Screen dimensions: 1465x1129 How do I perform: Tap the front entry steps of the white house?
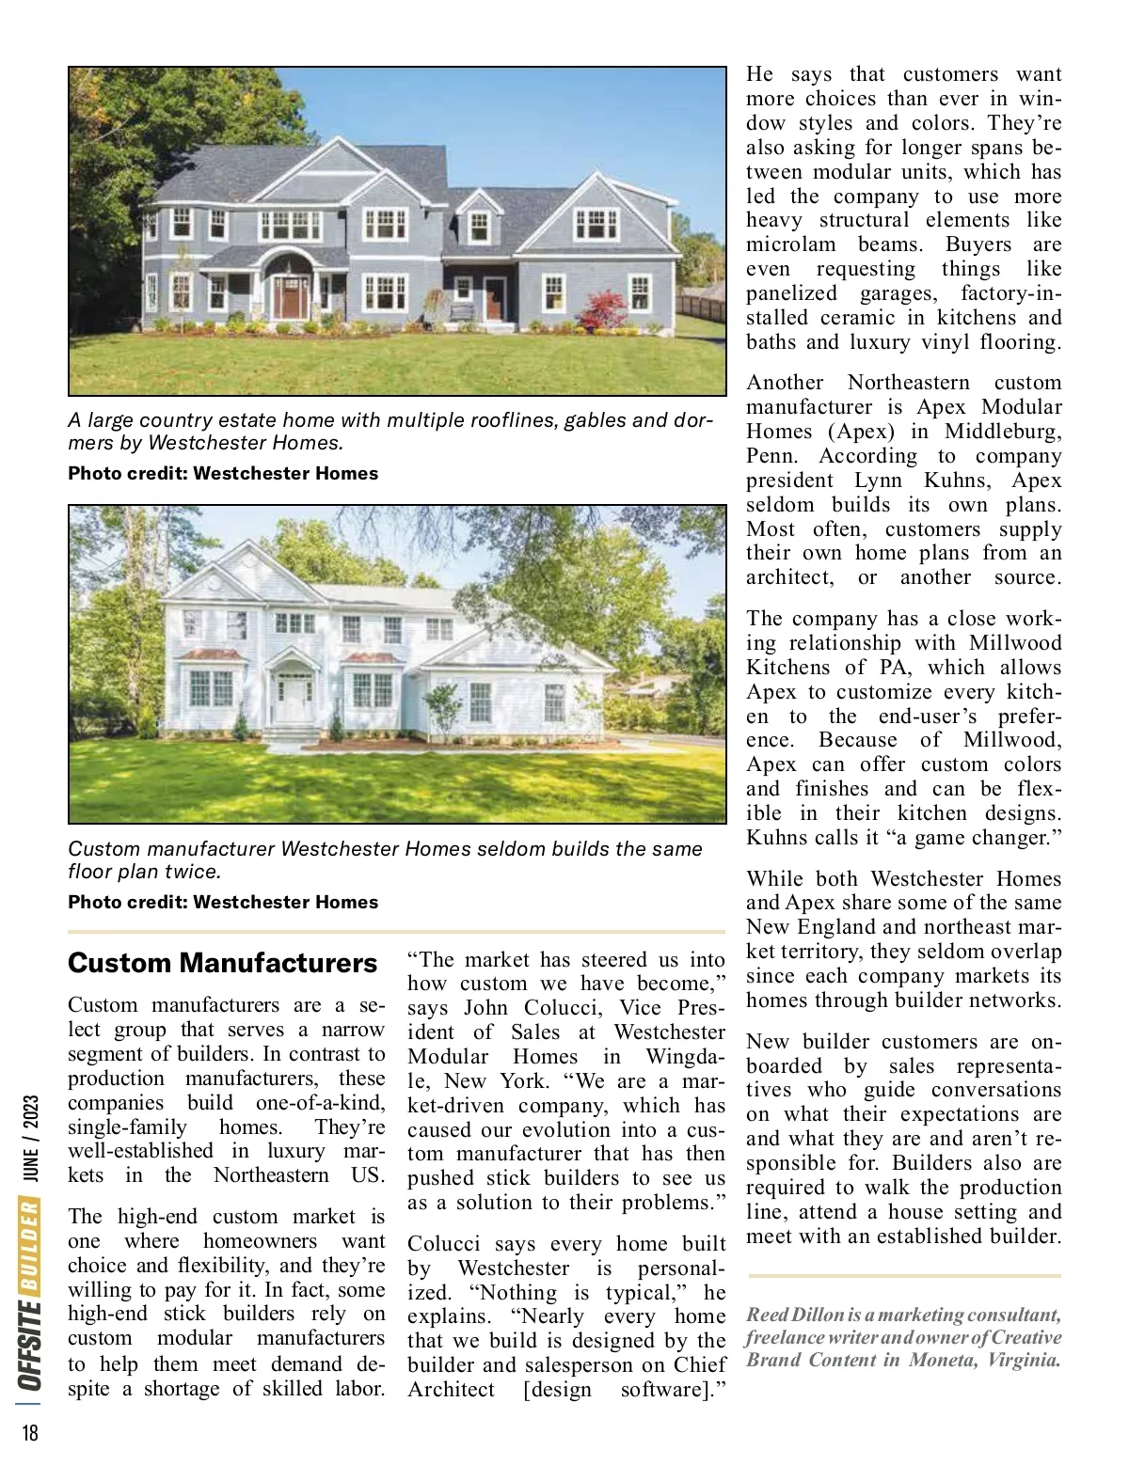[x=292, y=732]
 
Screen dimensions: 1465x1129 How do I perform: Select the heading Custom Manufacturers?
[x=222, y=963]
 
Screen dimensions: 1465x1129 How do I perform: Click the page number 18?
[x=31, y=1432]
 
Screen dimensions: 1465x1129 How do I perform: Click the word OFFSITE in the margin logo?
[x=31, y=1344]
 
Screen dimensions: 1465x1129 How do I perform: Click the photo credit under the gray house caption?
[x=223, y=474]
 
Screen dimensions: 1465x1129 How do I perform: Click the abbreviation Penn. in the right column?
[x=771, y=456]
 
